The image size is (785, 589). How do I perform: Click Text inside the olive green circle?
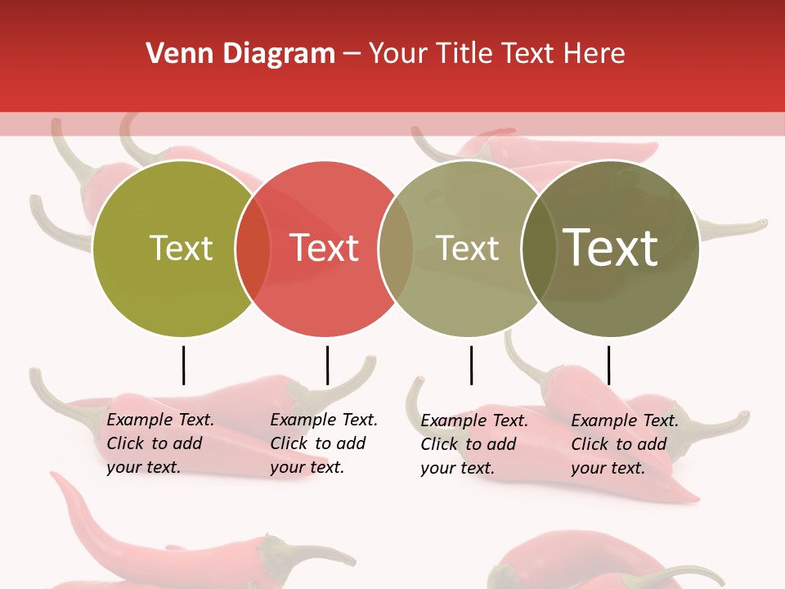tap(181, 248)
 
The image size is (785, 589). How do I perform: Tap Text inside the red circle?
tap(325, 248)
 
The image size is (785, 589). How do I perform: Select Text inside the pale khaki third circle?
tap(467, 248)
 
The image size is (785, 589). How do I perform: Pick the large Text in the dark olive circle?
tap(611, 247)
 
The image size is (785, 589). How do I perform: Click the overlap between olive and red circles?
tap(253, 249)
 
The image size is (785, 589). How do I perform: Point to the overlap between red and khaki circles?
tap(396, 249)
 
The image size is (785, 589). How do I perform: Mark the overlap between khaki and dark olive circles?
tap(538, 249)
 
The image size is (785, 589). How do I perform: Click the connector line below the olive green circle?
tap(183, 365)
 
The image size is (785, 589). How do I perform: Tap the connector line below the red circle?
tap(327, 365)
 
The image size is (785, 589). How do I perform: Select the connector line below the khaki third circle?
tap(471, 365)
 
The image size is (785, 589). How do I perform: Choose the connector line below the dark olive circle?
tap(608, 365)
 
